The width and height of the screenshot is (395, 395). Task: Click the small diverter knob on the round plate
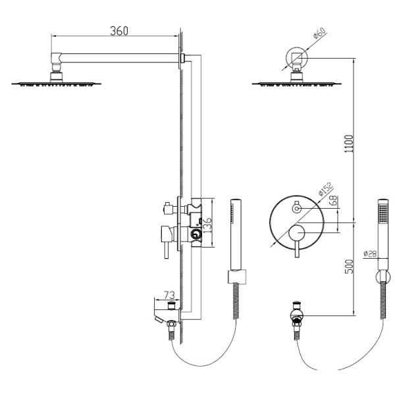(x=296, y=208)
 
